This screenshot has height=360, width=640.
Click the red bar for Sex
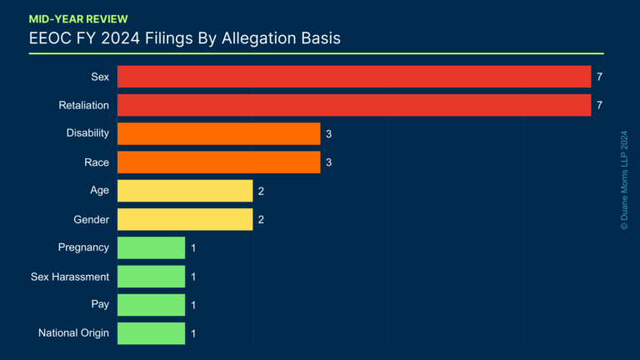[354, 77]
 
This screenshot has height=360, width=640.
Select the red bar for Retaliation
[354, 105]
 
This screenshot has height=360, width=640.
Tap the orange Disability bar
[218, 133]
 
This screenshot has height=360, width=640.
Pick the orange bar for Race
[218, 162]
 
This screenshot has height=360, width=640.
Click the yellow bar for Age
[184, 191]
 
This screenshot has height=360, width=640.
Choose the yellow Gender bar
[184, 219]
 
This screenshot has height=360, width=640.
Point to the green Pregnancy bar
[151, 247]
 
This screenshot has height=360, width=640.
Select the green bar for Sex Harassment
[151, 277]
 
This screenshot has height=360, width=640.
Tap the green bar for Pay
[151, 305]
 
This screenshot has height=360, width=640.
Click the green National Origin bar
[151, 333]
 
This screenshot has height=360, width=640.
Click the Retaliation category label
[84, 105]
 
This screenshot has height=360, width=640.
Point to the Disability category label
[87, 133]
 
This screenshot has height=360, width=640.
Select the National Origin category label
[73, 333]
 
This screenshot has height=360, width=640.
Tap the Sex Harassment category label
[70, 277]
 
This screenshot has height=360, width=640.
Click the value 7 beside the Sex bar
[599, 77]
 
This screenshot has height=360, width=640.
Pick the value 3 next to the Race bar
[329, 162]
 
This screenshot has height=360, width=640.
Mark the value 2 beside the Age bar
[261, 191]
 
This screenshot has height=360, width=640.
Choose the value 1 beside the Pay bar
[193, 305]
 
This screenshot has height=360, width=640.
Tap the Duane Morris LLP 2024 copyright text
[624, 180]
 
